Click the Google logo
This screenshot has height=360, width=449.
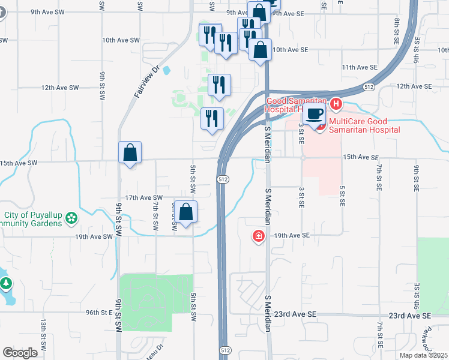tap(20, 353)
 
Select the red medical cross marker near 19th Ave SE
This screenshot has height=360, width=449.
tap(259, 236)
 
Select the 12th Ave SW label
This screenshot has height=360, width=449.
tap(60, 88)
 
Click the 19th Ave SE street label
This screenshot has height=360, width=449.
tap(291, 236)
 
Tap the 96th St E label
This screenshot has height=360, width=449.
tap(100, 313)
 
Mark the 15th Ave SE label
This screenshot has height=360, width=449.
tap(360, 157)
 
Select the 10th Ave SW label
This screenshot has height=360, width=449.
tap(121, 40)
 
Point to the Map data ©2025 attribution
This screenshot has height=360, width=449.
tap(423, 355)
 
